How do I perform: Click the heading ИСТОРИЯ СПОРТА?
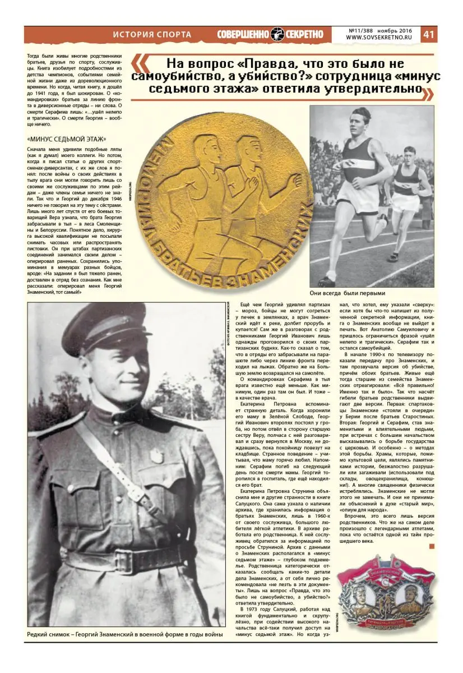click(152, 35)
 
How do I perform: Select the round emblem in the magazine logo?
click(279, 34)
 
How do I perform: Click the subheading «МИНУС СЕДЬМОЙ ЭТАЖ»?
click(67, 139)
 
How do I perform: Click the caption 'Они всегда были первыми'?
click(364, 293)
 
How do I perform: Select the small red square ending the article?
click(431, 546)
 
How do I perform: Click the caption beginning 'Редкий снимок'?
click(124, 634)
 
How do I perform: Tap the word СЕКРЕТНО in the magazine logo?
click(306, 34)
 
